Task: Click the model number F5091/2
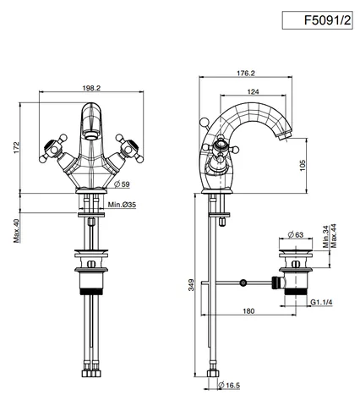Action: pyautogui.click(x=327, y=20)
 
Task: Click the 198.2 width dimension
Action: pyautogui.click(x=91, y=88)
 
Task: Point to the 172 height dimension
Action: pyautogui.click(x=17, y=148)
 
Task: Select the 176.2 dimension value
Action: pyautogui.click(x=246, y=73)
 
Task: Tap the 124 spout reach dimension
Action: pyautogui.click(x=253, y=91)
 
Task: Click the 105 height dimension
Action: pyautogui.click(x=302, y=166)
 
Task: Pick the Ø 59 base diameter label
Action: pyautogui.click(x=122, y=184)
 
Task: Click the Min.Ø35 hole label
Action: pyautogui.click(x=122, y=205)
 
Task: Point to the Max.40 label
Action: pyautogui.click(x=17, y=231)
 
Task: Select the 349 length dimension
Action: pyautogui.click(x=191, y=285)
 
